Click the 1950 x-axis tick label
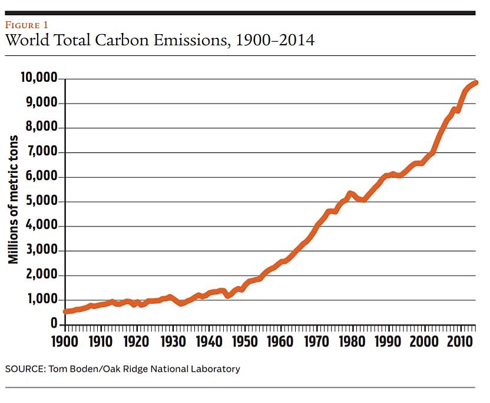[243, 342]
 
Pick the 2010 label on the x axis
[458, 342]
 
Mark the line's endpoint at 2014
[476, 82]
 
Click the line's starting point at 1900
[65, 311]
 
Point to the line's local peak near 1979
[350, 193]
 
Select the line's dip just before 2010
[458, 111]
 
